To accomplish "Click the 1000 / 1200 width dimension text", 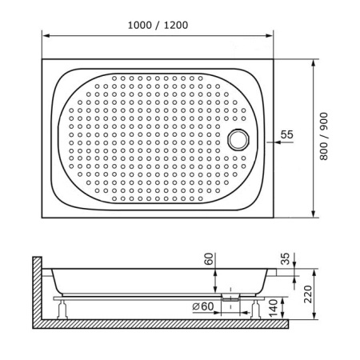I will tap(157, 24).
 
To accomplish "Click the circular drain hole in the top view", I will tap(238, 139).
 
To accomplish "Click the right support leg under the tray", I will tap(258, 309).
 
